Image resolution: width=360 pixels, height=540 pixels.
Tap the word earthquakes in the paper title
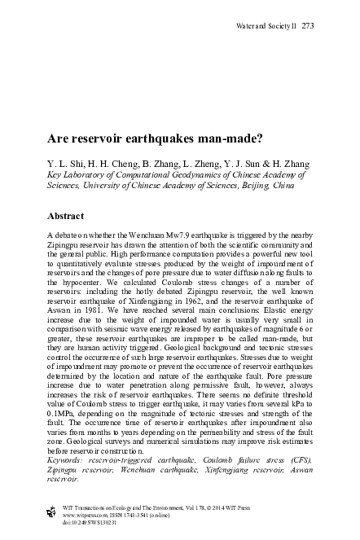click(144, 139)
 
